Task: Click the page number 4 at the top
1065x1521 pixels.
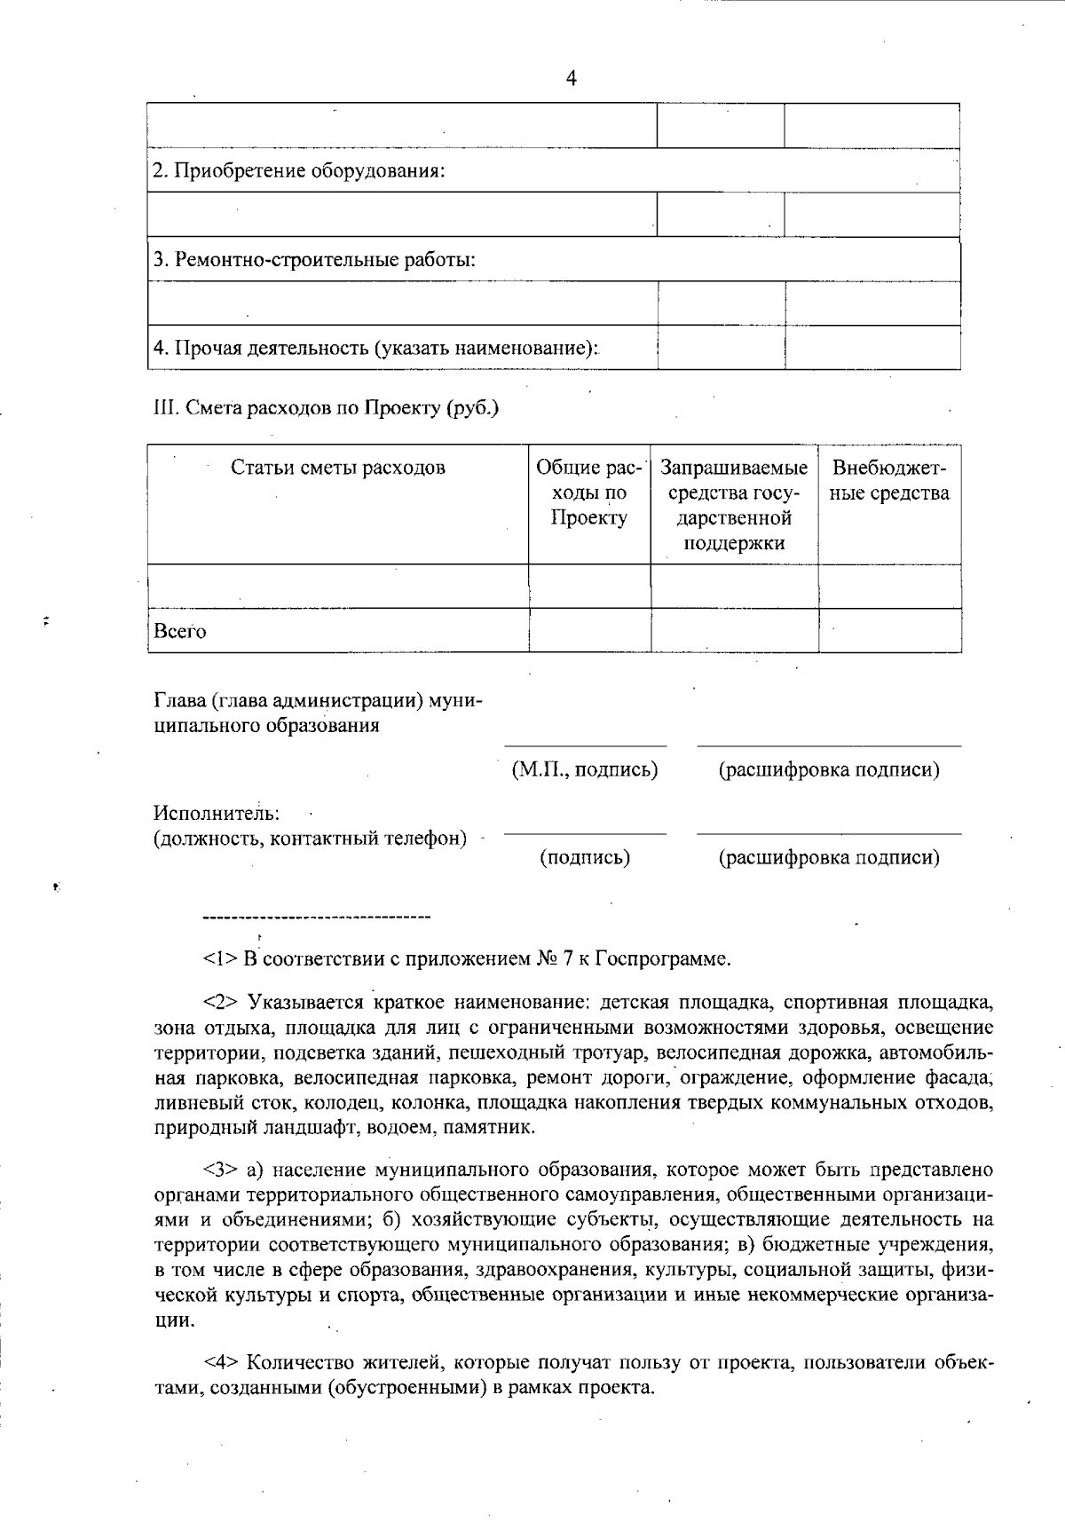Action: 571,80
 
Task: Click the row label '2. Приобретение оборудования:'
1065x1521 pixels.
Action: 298,170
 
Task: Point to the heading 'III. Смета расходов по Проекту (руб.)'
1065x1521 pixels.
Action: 326,408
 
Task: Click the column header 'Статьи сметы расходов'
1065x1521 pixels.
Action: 337,468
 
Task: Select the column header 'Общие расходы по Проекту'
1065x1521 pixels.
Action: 589,493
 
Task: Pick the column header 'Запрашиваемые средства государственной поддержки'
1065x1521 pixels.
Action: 734,505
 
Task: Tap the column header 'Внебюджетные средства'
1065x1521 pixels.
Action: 889,480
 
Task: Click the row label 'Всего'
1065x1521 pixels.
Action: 180,631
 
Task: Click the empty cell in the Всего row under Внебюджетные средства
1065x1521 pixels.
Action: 889,631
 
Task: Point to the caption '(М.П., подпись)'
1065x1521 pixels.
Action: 585,769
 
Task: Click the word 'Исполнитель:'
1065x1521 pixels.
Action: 217,812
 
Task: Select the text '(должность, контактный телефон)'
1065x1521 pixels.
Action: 310,838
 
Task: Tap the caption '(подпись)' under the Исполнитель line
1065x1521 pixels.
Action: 585,857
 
